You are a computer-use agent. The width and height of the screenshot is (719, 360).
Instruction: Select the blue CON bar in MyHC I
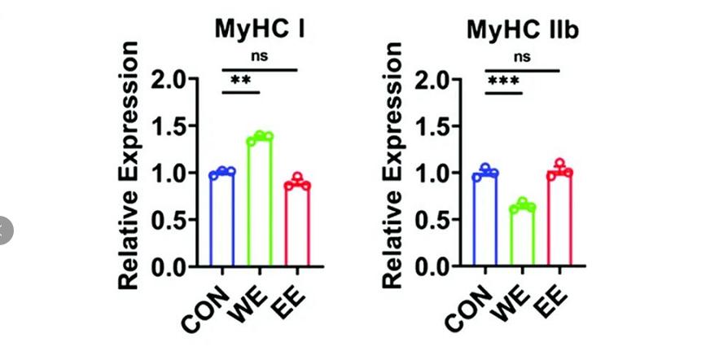(221, 220)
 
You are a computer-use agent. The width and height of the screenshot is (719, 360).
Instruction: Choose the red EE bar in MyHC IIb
(559, 220)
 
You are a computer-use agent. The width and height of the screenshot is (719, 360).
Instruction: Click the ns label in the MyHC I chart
(259, 57)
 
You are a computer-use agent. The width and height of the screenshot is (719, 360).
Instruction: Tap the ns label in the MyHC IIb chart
(522, 57)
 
